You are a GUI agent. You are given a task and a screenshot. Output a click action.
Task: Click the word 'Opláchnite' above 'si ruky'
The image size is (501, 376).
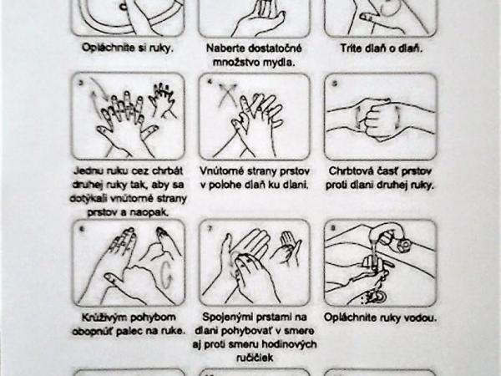coord(108,48)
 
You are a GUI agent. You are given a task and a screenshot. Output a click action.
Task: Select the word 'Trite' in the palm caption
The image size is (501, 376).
coord(352,48)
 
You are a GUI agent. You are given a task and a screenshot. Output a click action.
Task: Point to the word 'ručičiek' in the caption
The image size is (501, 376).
coord(255,358)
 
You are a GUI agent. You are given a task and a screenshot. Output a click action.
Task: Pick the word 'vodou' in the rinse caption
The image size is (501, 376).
coord(422,318)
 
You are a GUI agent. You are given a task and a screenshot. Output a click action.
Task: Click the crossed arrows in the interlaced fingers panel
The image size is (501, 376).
coord(228,94)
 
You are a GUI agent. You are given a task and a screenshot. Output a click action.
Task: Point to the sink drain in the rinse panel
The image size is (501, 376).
coord(378,297)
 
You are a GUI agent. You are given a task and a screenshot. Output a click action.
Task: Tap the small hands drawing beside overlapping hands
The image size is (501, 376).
coord(162,99)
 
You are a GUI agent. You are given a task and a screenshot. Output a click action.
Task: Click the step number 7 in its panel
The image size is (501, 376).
coord(210,229)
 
